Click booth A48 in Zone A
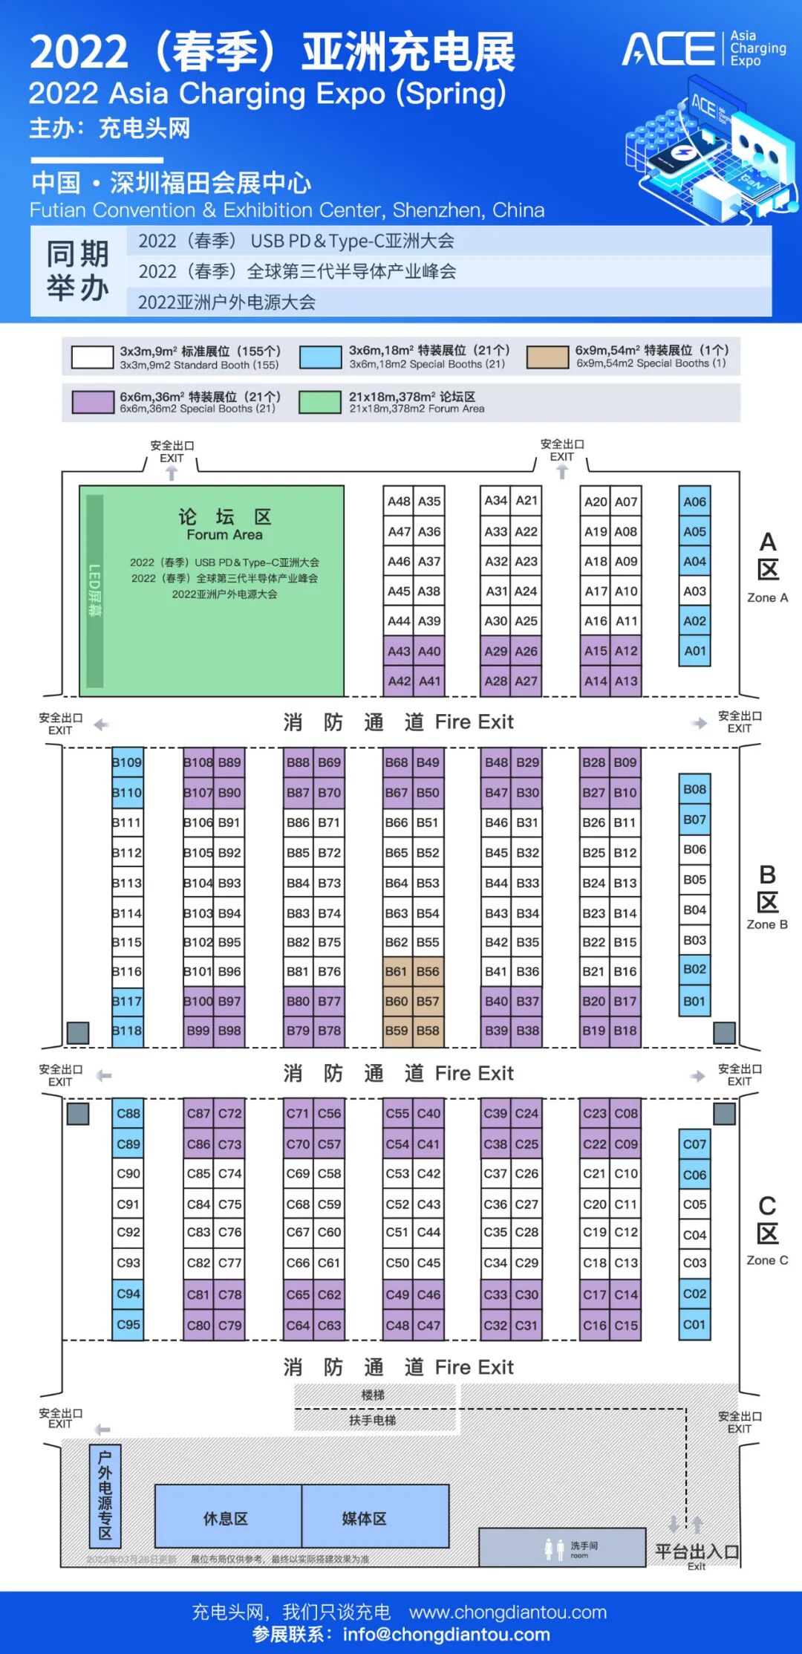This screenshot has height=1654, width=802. click(399, 502)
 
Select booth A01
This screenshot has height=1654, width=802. click(694, 651)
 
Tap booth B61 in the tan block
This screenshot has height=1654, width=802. click(396, 971)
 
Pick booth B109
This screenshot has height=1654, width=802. click(127, 762)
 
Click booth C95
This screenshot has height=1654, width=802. click(128, 1324)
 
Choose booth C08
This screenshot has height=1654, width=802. click(626, 1113)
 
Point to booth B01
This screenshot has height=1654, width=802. click(694, 1001)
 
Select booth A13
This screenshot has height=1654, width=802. click(626, 681)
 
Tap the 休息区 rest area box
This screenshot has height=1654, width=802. click(227, 1519)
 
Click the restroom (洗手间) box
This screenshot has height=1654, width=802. click(562, 1548)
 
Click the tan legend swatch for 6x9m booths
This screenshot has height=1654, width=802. click(547, 357)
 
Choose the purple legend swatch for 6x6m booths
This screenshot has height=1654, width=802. click(93, 402)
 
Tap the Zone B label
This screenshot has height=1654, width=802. click(767, 897)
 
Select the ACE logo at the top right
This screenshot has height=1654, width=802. click(702, 49)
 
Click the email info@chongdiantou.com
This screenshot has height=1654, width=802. click(446, 1635)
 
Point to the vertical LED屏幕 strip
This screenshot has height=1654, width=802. click(94, 591)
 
